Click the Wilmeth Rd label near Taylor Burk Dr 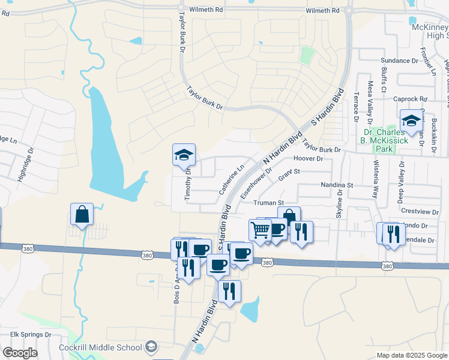tap(205, 10)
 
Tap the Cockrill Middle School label tap(100, 347)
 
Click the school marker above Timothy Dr tap(184, 155)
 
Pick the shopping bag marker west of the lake tap(82, 214)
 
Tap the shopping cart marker tap(260, 230)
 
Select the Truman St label tap(268, 203)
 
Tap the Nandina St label tap(337, 185)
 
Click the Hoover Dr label tap(309, 159)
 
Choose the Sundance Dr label tap(399, 61)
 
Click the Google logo tap(20, 353)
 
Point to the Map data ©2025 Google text tap(411, 355)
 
